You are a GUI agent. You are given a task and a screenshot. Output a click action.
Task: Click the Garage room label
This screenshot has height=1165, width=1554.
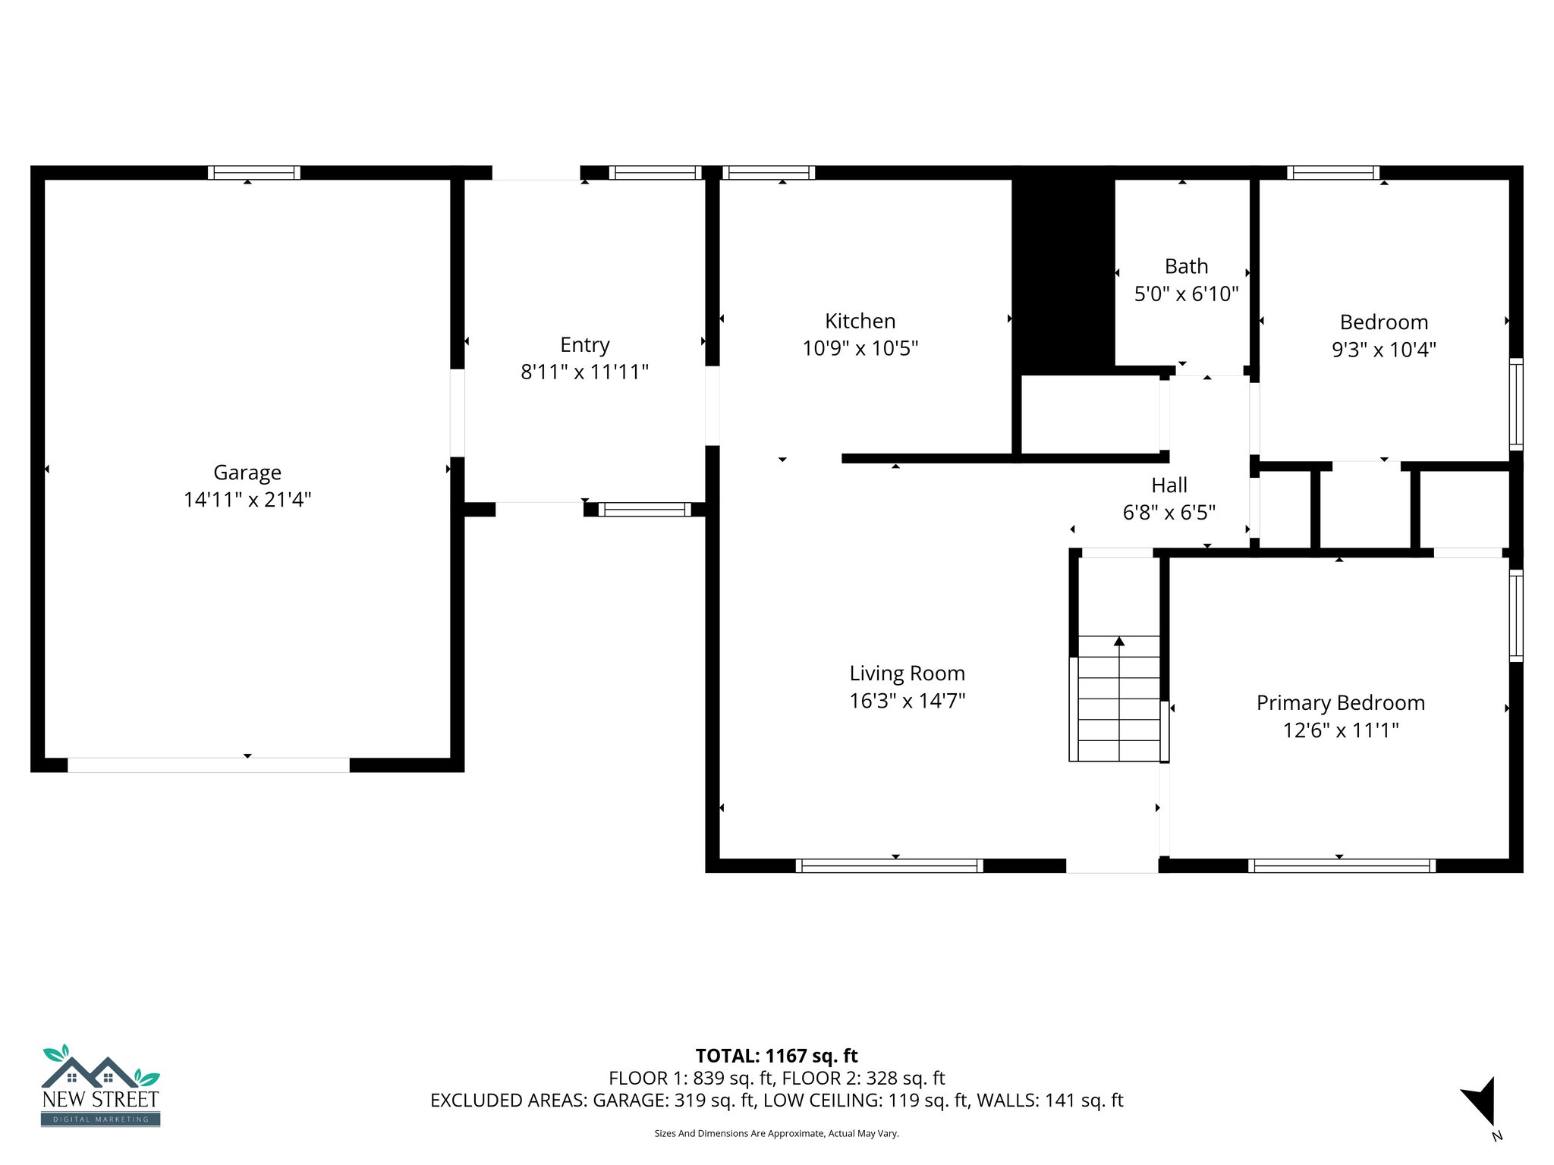click(x=247, y=473)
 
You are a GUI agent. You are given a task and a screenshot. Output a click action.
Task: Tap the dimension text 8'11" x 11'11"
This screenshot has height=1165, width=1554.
click(x=584, y=372)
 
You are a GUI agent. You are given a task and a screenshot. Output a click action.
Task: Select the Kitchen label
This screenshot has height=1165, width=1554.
click(x=860, y=321)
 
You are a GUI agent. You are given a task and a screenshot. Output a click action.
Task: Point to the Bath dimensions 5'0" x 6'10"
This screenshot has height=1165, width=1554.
click(x=1186, y=294)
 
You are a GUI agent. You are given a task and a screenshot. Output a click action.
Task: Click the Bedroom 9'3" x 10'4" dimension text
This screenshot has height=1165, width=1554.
click(x=1383, y=349)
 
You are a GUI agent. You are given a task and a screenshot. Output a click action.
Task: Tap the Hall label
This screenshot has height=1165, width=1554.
click(x=1169, y=485)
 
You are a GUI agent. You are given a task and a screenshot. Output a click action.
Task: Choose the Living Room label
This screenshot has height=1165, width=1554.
click(x=907, y=674)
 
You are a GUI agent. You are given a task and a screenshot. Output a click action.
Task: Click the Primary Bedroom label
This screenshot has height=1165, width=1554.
click(x=1340, y=703)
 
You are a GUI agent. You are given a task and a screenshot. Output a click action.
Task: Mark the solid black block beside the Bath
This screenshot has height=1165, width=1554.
click(x=1063, y=273)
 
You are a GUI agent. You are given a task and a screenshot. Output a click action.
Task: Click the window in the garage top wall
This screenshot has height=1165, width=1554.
click(x=254, y=173)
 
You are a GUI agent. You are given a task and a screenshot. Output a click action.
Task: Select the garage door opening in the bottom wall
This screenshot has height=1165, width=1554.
click(x=209, y=765)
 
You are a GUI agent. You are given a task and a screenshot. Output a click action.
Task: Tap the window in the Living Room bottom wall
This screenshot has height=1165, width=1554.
click(x=889, y=865)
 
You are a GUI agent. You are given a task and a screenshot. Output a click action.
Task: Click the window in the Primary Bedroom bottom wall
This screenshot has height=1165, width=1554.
click(x=1342, y=865)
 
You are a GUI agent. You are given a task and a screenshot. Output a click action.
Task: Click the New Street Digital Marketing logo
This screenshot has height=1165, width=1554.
click(x=100, y=1086)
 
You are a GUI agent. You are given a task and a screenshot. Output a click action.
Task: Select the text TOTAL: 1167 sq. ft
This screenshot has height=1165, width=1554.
click(x=776, y=1056)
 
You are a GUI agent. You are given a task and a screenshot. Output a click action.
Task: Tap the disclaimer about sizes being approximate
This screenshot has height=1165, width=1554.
click(x=776, y=1133)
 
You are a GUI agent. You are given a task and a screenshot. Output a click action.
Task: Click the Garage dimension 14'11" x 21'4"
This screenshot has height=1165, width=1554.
click(x=247, y=500)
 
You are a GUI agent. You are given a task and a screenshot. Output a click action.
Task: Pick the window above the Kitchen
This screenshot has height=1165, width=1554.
click(x=769, y=173)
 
